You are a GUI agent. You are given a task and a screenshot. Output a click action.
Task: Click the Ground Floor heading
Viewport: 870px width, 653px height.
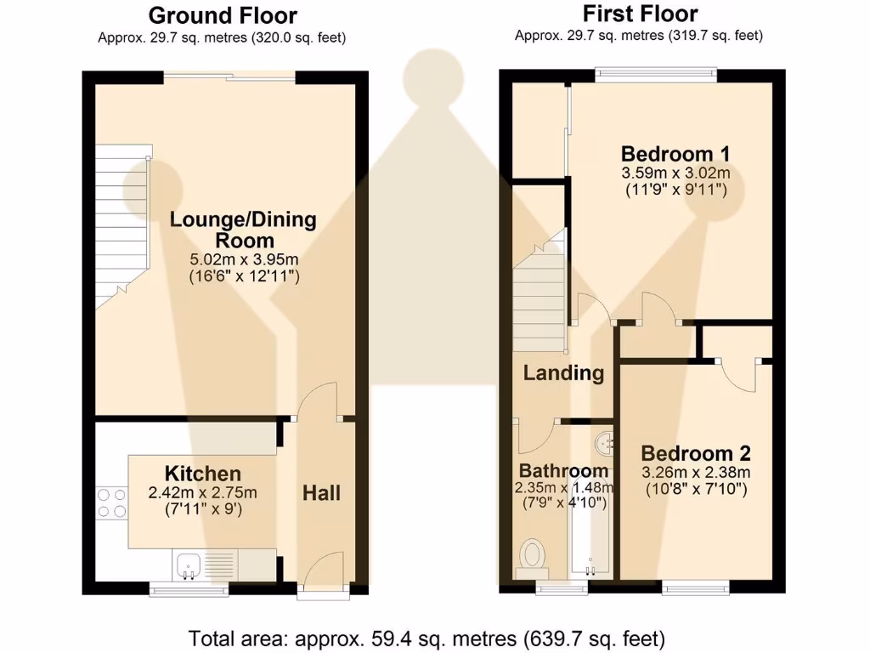coord(223,15)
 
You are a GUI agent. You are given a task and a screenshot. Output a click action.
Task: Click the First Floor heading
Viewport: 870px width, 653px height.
coord(641,14)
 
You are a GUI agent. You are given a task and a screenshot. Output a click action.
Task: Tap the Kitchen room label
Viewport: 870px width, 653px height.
coord(203,474)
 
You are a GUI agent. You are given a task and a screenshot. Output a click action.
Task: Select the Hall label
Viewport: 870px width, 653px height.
coord(322,493)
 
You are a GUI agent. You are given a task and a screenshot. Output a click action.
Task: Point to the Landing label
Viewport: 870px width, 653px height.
coord(564,372)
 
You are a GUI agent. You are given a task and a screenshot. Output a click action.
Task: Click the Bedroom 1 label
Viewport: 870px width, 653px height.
coord(675,153)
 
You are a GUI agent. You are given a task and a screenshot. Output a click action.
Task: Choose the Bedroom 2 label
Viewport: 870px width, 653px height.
coord(696,453)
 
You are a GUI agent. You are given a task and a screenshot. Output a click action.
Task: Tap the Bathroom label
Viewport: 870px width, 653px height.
coord(564,471)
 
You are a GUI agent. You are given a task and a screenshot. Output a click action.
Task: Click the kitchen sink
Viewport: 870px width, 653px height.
coord(189,565)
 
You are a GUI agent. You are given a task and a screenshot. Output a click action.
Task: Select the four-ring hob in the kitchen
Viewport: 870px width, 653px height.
coord(111,503)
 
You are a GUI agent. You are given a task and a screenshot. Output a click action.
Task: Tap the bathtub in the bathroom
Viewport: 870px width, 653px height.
coord(590,525)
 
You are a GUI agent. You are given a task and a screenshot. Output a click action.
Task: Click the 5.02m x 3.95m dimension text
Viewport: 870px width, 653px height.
coord(244,259)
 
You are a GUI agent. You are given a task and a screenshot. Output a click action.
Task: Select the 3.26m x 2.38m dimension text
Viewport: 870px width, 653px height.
coord(696,473)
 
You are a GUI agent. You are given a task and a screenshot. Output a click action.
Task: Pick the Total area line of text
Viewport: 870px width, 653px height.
coord(427,639)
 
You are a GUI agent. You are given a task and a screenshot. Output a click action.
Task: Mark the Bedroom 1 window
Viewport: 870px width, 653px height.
coord(656,75)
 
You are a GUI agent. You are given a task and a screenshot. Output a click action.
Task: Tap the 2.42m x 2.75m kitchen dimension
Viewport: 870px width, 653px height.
coord(202,492)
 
